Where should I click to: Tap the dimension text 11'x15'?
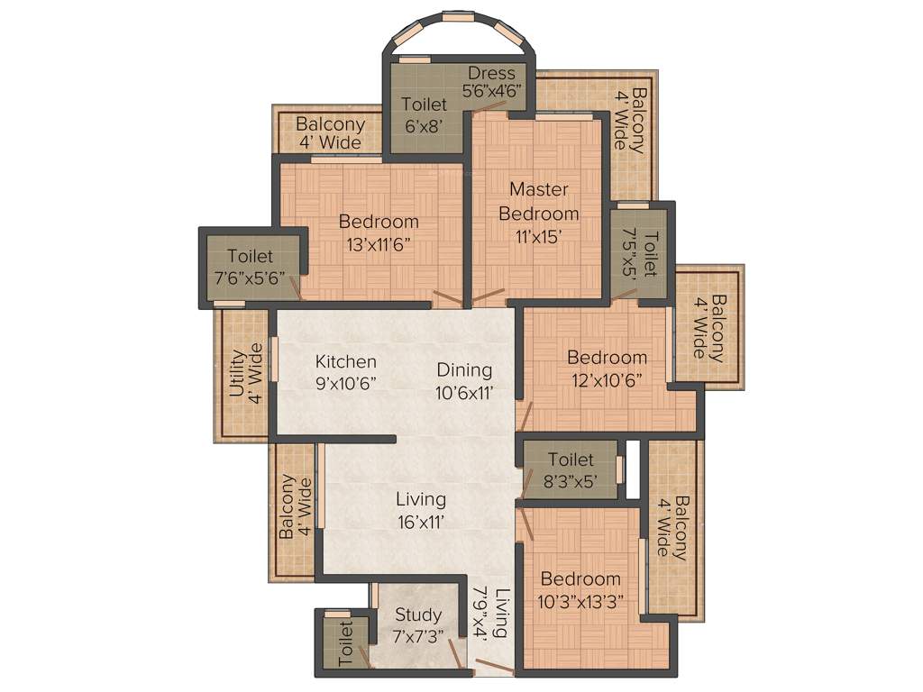[538, 237]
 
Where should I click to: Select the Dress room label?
[492, 73]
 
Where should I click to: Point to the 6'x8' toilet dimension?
[424, 126]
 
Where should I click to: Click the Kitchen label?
[346, 361]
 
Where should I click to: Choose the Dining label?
[464, 369]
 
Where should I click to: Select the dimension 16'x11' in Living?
[421, 521]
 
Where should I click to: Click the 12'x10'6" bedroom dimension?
[607, 379]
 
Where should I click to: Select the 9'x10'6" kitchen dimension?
[346, 383]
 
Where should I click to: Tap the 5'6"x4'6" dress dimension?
[492, 90]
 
